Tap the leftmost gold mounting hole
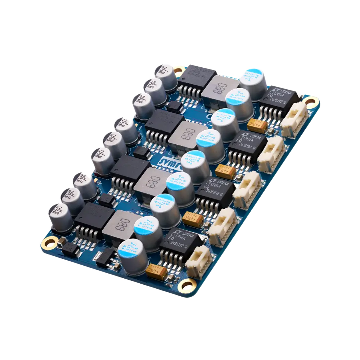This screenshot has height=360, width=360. coord(49,242)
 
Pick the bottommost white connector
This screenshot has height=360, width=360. coord(197,262)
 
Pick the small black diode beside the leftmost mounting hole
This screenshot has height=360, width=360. coord(68,248)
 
